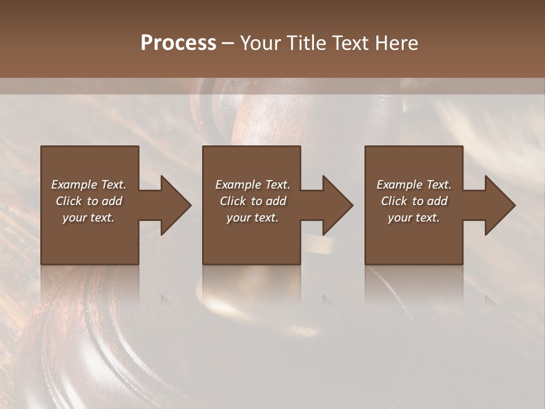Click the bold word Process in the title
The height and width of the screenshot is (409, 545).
point(178,43)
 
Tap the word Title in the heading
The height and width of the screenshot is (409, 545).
point(307,43)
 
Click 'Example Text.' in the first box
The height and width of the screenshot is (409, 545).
point(89,185)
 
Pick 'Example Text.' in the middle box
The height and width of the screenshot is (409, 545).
point(253,185)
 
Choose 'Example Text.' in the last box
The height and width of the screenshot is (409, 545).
point(414,185)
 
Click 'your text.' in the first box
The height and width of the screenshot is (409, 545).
point(89,218)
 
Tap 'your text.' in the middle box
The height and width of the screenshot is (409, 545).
point(253,218)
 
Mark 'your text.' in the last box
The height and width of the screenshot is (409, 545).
point(414,218)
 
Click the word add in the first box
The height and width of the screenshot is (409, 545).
point(112,201)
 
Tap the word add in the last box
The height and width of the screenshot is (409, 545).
point(437,201)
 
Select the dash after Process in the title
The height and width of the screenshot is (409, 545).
point(228,43)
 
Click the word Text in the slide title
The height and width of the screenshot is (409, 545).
point(351,43)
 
